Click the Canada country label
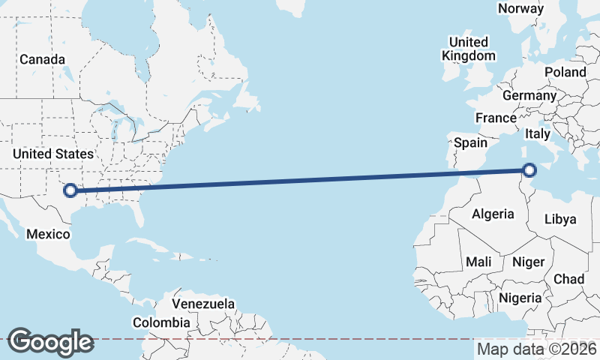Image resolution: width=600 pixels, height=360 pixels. tap(42, 59)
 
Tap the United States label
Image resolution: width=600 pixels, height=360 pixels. tap(53, 154)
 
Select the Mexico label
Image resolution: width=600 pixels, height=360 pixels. tap(48, 234)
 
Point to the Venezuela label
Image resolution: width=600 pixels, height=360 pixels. tap(203, 304)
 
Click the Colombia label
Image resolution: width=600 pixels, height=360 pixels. tap(161, 322)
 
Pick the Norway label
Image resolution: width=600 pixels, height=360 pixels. tap(520, 8)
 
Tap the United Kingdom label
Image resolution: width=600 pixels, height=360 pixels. tap(469, 49)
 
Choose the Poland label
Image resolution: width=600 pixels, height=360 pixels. tap(565, 72)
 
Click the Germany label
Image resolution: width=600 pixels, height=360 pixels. tap(529, 95)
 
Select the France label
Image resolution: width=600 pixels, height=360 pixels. tap(496, 118)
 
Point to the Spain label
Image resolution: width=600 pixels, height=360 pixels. tap(470, 142)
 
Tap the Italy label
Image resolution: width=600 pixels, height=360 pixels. tap(538, 134)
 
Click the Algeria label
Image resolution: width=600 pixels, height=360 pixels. tap(493, 214)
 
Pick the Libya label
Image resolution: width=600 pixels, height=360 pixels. tap(560, 219)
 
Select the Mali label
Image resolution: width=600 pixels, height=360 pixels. tap(478, 262)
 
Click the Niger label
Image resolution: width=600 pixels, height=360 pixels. tap(527, 262)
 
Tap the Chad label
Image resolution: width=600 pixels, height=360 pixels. tap(568, 279)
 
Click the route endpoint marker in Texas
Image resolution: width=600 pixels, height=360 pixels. tap(70, 190)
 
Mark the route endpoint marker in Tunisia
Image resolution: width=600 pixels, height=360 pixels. tap(531, 170)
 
